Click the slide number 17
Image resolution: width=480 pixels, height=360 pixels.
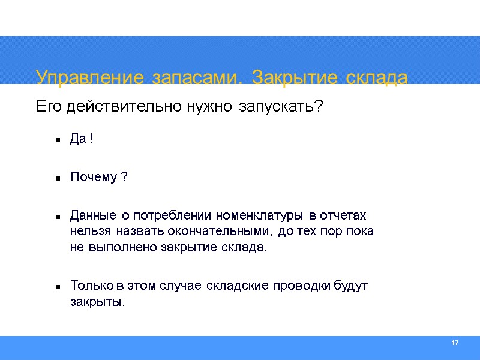(x=454, y=343)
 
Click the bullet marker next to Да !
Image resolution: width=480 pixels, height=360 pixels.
(x=59, y=140)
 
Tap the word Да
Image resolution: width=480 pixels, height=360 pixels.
(x=78, y=140)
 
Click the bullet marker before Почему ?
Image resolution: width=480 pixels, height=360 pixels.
(x=59, y=178)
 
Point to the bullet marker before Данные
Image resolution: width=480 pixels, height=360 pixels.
(x=59, y=216)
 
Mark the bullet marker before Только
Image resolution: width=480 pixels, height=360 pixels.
(x=59, y=286)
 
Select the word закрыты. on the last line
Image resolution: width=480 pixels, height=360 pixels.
(x=98, y=302)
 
